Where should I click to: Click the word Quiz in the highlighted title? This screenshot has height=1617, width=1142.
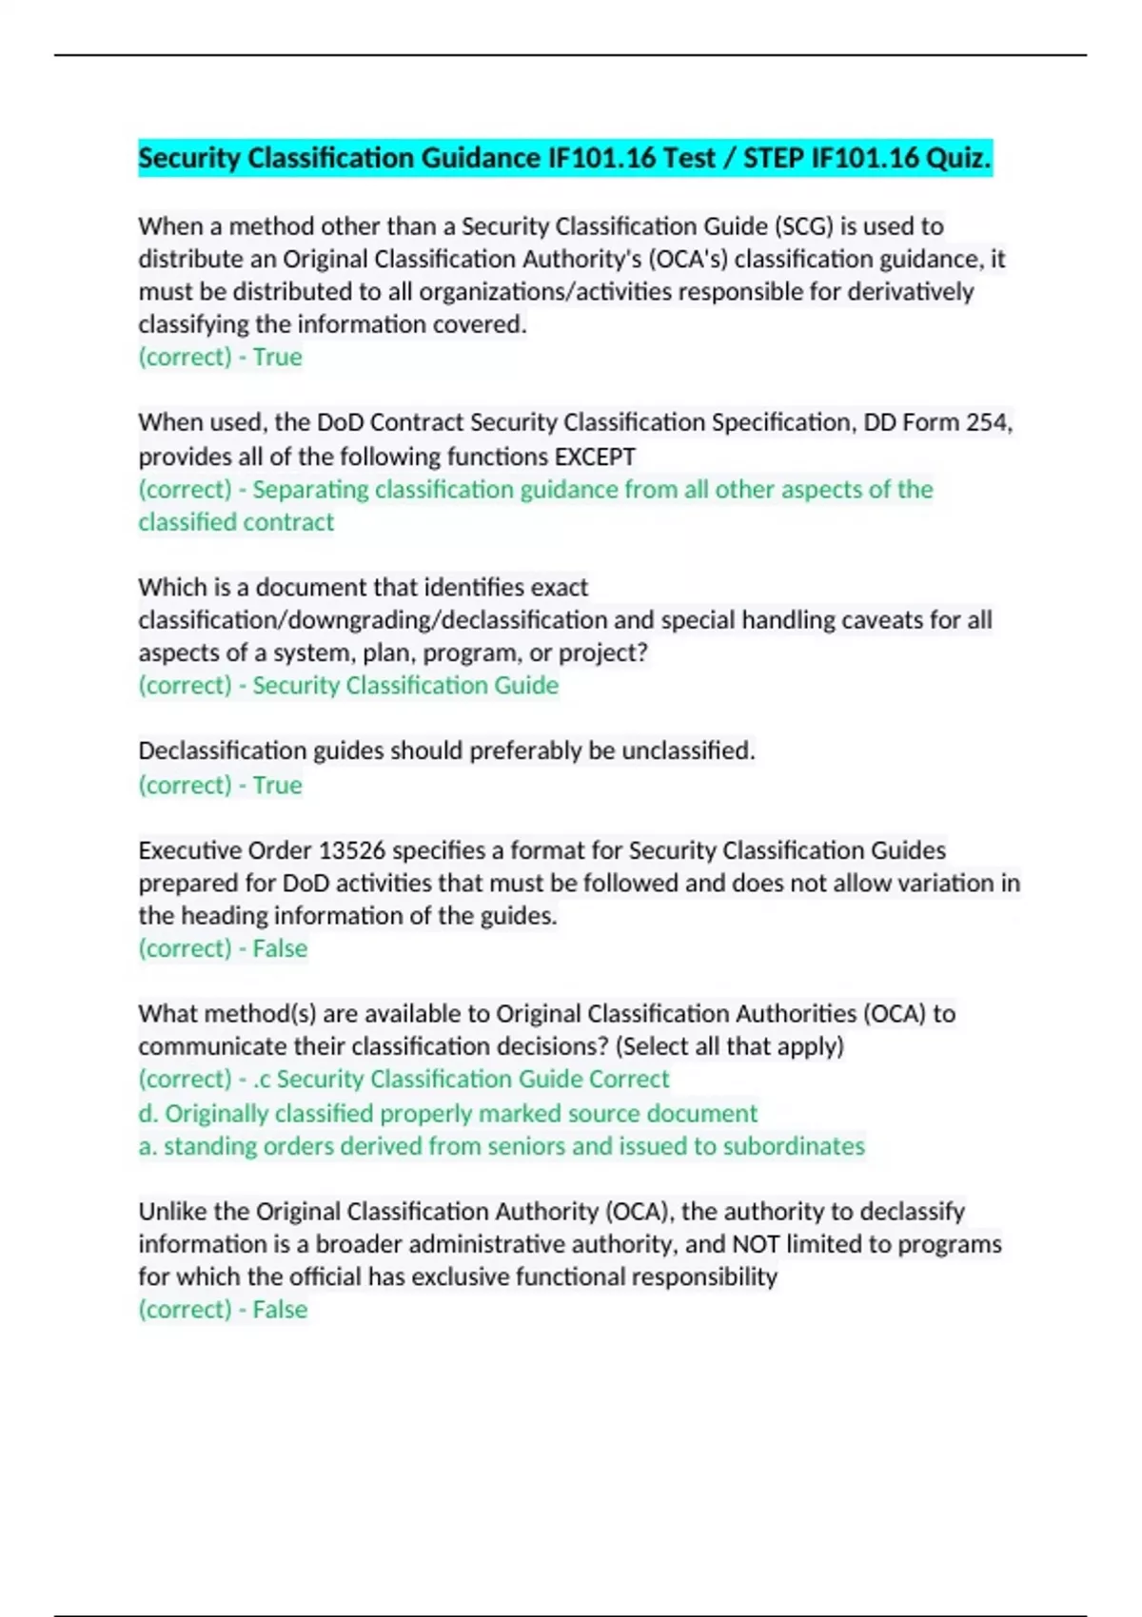tap(957, 158)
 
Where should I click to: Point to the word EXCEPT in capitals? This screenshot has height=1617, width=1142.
tap(595, 457)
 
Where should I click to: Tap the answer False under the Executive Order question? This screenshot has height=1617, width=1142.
tap(280, 948)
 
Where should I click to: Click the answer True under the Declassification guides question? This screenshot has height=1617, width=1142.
tap(277, 786)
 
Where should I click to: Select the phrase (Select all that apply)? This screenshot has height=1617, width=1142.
tap(730, 1046)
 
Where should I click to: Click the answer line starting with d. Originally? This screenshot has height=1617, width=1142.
tap(447, 1113)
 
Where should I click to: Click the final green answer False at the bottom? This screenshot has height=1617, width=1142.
tap(280, 1310)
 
